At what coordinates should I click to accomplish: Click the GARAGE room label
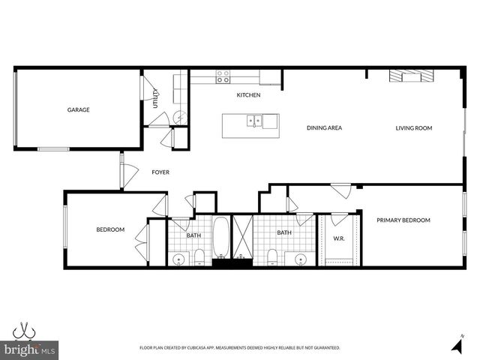[x=79, y=109]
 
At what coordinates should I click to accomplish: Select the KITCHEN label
[x=248, y=95]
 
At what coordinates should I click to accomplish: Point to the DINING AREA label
[x=324, y=128]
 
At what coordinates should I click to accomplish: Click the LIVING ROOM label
[x=414, y=128]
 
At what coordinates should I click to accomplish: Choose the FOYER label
[x=160, y=172]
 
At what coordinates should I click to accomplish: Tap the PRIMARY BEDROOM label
[x=403, y=220]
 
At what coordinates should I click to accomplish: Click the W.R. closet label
[x=339, y=239]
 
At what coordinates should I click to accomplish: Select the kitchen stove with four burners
[x=223, y=76]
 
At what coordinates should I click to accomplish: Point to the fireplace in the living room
[x=411, y=76]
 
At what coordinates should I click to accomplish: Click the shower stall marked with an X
[x=242, y=237]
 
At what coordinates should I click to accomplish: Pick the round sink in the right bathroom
[x=301, y=259]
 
